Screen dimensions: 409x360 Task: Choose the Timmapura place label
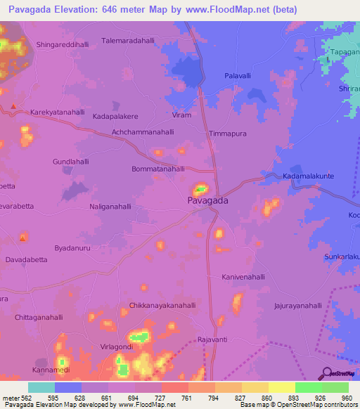228,133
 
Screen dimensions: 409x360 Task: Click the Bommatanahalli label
158,169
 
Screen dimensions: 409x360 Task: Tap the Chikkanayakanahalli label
162,306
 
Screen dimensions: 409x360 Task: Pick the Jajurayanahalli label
297,306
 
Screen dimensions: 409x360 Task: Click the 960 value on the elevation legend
345,398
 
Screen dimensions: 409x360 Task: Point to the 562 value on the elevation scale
25,398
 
